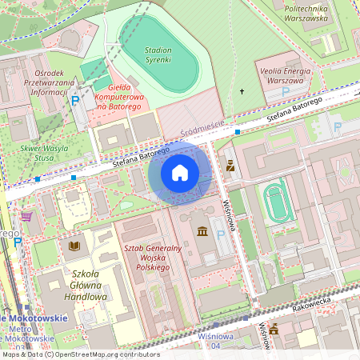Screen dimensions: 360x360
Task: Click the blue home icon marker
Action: [180, 173]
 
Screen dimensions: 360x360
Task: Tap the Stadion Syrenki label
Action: [158, 54]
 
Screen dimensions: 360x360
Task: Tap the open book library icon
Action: [74, 246]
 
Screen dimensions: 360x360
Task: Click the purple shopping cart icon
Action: [26, 216]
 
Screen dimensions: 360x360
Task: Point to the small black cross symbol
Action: [242, 91]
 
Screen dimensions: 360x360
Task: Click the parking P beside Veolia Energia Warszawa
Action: [286, 91]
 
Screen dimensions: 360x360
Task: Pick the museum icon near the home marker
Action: [201, 232]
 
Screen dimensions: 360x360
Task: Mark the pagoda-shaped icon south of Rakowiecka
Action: [274, 328]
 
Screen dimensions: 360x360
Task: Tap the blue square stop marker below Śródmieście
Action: [238, 130]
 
